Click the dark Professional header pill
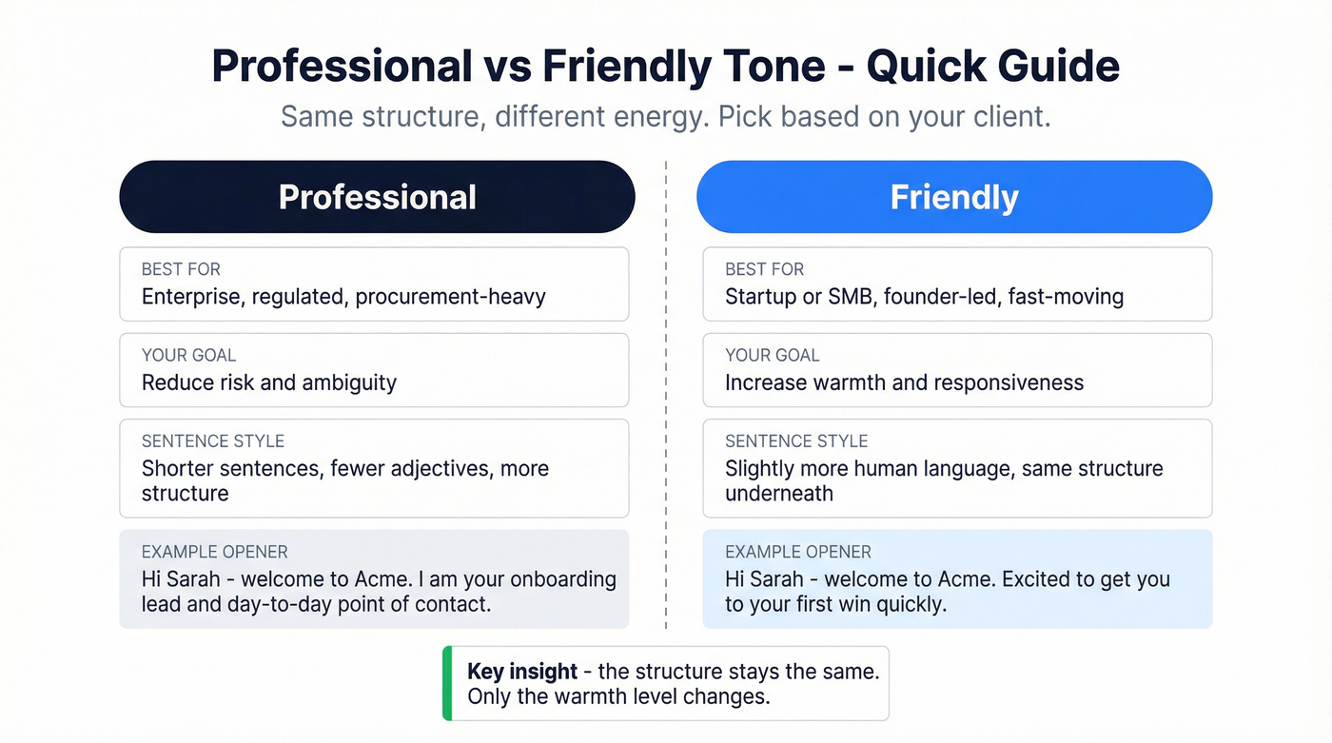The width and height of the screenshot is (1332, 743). [377, 197]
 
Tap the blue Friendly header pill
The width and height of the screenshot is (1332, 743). [954, 197]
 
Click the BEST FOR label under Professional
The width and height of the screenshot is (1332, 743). [181, 269]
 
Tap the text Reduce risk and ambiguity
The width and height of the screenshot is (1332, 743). [269, 382]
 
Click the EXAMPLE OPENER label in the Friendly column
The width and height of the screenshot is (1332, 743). [798, 552]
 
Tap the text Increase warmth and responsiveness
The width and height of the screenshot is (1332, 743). [904, 382]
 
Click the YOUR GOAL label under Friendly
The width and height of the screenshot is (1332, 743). [772, 355]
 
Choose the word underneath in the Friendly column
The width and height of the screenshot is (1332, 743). [778, 494]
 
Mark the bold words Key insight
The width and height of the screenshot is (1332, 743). [522, 672]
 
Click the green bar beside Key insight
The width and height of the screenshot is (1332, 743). [447, 683]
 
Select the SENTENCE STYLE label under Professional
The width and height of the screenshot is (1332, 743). [213, 441]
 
